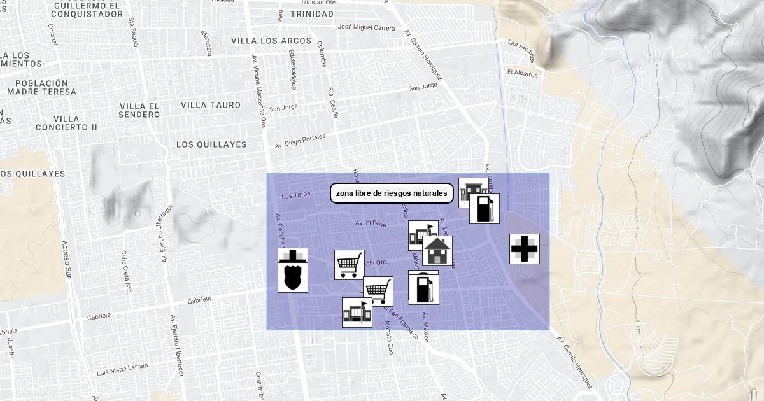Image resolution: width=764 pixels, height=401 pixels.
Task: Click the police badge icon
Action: pos(293,270)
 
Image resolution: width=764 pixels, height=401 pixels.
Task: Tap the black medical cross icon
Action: pos(525,248)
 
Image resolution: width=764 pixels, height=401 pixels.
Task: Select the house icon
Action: pos(437,251)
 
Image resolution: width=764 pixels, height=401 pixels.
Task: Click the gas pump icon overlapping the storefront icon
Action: pos(485,209)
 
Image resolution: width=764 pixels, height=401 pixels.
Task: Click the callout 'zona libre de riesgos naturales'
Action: pos(392,193)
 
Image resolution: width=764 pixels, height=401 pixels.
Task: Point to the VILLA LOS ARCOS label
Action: pos(271,41)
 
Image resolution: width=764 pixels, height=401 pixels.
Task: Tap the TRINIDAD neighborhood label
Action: pos(311,13)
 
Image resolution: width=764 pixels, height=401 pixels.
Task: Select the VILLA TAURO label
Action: pos(211,105)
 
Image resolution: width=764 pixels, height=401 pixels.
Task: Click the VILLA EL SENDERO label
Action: pos(139,110)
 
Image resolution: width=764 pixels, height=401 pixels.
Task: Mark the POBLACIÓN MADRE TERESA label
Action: pos(41,87)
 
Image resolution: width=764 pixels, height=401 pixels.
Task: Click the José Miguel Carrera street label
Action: pos(366,27)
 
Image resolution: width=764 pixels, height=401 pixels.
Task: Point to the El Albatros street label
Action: pos(522,73)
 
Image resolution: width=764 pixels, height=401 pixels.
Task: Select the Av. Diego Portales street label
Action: pos(300,141)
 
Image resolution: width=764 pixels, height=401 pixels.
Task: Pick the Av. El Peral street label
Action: pos(371,223)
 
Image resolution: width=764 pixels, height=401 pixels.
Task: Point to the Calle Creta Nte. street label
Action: pos(125,271)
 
